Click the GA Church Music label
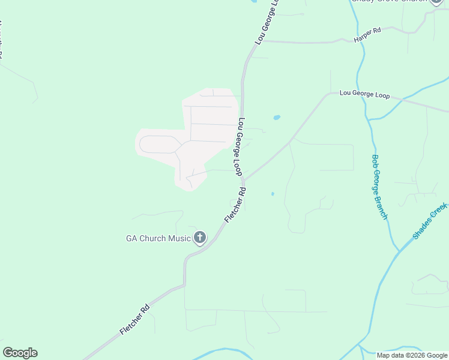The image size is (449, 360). pos(158,238)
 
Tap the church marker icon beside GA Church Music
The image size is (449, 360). pos(200,238)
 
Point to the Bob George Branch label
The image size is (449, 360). pos(379,187)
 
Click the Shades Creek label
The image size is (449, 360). pos(430,221)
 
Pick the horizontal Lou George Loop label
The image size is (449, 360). pos(364,94)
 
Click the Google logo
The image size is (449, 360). pos(20,353)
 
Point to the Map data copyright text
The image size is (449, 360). pos(412,355)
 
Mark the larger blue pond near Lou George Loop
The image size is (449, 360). pos(277,118)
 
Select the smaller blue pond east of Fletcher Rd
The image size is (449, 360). pos(273,194)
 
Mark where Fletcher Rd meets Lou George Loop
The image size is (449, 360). pos(243,180)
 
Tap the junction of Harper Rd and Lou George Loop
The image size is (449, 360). pos(265,41)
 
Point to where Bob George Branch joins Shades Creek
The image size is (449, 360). pos(397,251)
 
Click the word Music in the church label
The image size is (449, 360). pos(179,238)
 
